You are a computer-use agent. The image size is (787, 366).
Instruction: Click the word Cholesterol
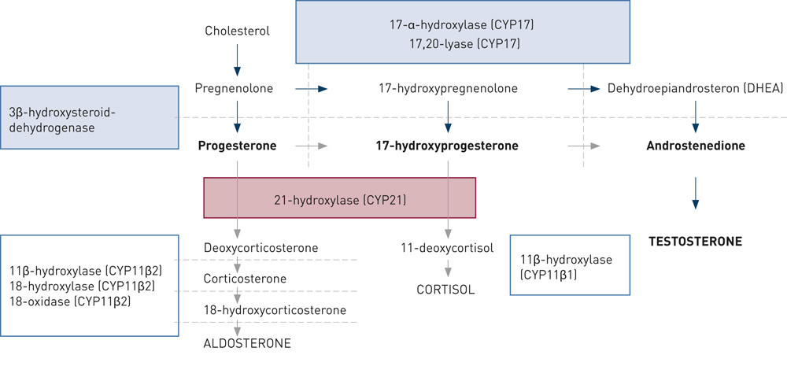point(237,31)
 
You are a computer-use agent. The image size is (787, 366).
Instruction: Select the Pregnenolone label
point(234,88)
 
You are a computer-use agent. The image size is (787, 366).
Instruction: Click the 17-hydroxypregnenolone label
point(448,88)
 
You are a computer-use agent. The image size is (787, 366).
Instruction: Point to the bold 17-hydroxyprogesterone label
point(448,146)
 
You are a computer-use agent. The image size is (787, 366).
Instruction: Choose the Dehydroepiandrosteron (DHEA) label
point(695,88)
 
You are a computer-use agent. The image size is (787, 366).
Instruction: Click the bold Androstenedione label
point(695,146)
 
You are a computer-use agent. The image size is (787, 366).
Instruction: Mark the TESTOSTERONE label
point(695,241)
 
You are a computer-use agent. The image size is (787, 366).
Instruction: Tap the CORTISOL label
point(445,289)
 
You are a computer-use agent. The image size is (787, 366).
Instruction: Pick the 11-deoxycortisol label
point(448,248)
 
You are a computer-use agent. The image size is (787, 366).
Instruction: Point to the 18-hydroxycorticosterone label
point(275,310)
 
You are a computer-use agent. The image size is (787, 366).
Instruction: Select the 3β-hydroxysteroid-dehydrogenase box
point(88,118)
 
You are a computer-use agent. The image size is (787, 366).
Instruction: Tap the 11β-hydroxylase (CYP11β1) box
point(571,264)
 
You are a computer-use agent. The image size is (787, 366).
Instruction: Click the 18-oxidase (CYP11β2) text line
point(70,301)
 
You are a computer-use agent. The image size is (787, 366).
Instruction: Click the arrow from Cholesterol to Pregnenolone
point(238,60)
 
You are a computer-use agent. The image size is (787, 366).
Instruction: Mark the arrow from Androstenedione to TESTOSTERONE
point(695,193)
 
